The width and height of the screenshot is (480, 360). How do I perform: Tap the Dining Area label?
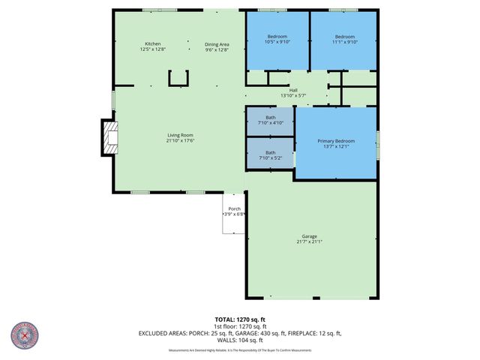pos(217,44)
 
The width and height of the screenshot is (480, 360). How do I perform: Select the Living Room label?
pos(180,135)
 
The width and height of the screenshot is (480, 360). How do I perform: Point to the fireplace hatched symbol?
pos(109,138)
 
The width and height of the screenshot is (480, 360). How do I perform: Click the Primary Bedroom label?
pos(335,141)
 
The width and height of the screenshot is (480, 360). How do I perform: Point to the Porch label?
pos(234,208)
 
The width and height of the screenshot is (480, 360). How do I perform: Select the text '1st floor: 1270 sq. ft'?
pos(239,326)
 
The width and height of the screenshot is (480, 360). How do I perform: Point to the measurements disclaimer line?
pos(239,349)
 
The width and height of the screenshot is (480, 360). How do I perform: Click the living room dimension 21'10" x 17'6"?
pos(180,140)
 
